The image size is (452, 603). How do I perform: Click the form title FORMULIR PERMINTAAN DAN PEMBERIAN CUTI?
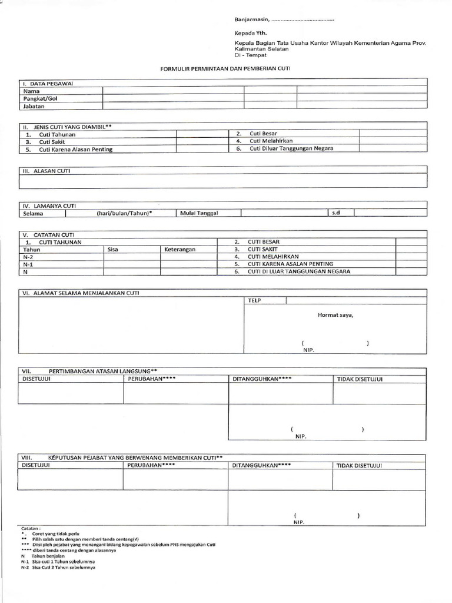(x=226, y=69)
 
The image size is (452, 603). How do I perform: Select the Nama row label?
(x=32, y=91)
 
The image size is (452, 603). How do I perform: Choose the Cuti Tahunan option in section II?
(x=57, y=134)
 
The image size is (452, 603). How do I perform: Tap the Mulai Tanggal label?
(x=199, y=213)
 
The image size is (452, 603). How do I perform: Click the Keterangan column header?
(x=180, y=249)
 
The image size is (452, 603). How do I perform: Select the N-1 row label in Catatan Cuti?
(x=28, y=264)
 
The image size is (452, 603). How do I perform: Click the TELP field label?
(x=255, y=300)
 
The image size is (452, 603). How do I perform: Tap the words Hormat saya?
(x=335, y=314)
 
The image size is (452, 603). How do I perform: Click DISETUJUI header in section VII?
(x=36, y=379)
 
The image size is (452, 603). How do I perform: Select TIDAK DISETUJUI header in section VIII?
(x=360, y=466)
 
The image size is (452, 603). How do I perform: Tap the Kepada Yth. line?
(x=246, y=34)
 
